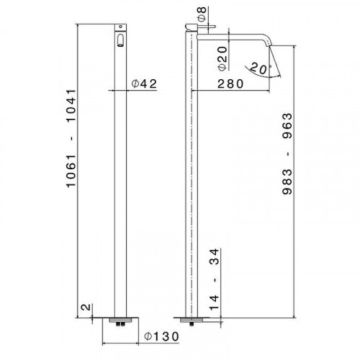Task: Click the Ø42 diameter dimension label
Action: (x=144, y=84)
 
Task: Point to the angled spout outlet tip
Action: (x=271, y=45)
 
